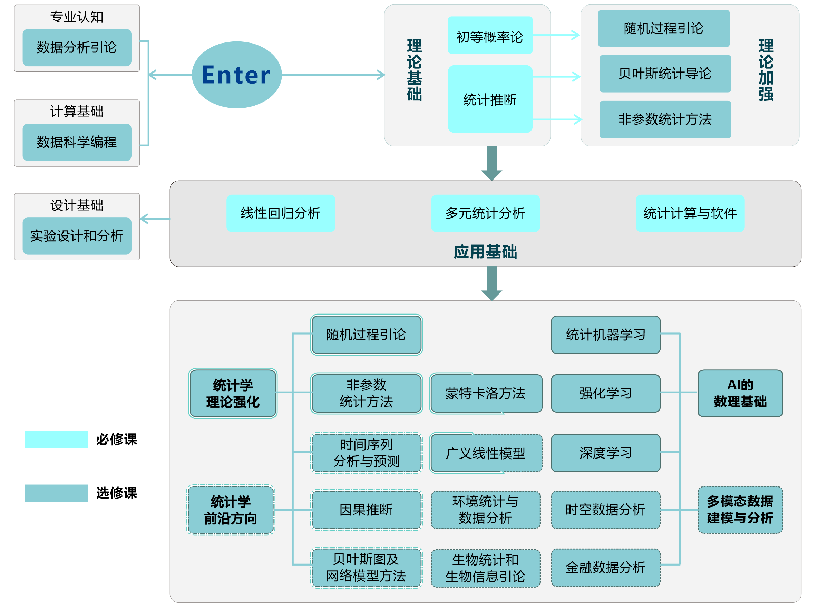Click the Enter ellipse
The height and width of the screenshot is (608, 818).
(237, 75)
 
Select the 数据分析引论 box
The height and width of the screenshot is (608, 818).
(77, 48)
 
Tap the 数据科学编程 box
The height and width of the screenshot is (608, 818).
(77, 142)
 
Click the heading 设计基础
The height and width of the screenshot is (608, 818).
(77, 205)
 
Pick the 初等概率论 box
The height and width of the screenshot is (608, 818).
(490, 35)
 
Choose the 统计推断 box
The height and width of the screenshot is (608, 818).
(490, 99)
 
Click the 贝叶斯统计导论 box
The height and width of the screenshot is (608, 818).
(664, 74)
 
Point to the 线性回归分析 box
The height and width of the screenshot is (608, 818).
(280, 213)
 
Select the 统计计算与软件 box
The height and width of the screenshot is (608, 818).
(690, 213)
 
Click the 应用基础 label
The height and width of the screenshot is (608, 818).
(485, 252)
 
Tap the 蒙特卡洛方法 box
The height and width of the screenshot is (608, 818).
(486, 393)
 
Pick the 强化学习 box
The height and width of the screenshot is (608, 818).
(605, 393)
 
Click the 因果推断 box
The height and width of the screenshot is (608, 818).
(366, 509)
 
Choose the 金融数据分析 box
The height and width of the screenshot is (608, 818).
(605, 567)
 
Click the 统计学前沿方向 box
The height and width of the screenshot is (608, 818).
(231, 509)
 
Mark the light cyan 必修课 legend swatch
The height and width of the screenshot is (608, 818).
(56, 439)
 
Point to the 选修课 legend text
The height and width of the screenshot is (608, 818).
(116, 493)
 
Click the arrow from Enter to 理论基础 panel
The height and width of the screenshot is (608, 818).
(333, 75)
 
